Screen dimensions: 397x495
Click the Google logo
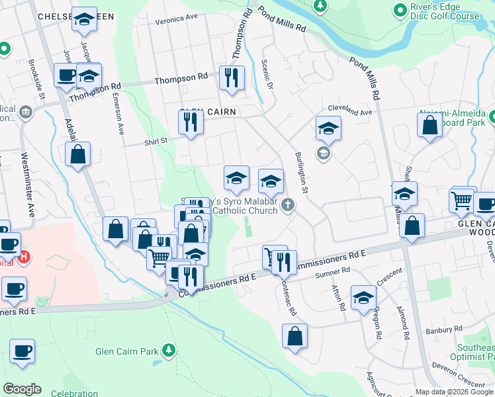(22, 389)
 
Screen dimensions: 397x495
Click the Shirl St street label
(157, 140)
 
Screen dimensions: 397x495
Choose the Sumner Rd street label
(332, 272)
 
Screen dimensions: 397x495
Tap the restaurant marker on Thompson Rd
(232, 78)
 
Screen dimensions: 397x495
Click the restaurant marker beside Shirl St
(191, 122)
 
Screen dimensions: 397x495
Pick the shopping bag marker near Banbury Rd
(294, 335)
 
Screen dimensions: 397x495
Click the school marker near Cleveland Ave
(328, 128)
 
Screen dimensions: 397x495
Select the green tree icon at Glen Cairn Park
(170, 349)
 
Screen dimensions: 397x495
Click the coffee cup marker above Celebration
(22, 351)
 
